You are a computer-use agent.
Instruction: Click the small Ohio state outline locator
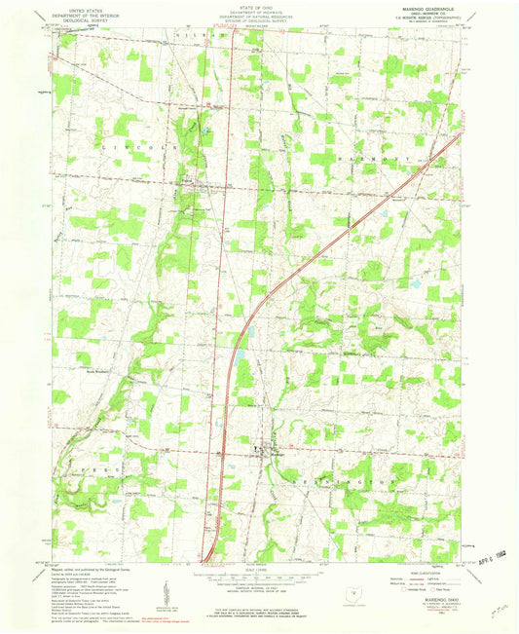point(352,591)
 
